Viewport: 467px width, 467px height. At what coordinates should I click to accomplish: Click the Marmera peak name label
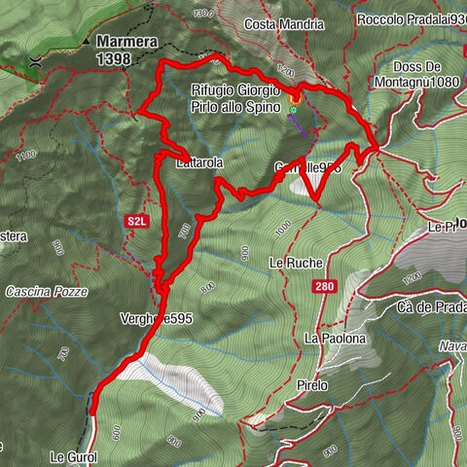(129, 42)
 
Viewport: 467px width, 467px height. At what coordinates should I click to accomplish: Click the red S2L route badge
(137, 222)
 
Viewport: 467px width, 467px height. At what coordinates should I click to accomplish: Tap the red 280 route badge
(324, 287)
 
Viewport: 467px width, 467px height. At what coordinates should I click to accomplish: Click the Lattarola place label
(200, 164)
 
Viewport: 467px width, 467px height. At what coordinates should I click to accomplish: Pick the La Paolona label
(334, 338)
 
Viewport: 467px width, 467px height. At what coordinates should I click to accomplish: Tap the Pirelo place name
(313, 385)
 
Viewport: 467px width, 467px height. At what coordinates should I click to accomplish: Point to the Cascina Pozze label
(46, 292)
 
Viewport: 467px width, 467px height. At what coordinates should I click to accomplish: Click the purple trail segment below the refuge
(305, 126)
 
